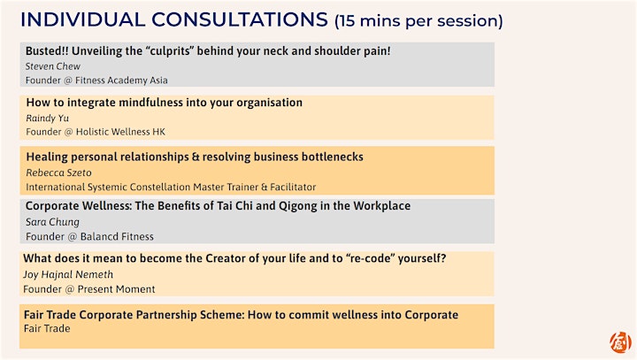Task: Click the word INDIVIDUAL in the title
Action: coord(83,20)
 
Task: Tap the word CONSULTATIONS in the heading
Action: coord(240,20)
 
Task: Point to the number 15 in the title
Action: coord(346,20)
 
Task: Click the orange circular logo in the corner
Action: coord(620,342)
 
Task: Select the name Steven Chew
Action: coord(53,66)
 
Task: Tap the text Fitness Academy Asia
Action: coord(121,80)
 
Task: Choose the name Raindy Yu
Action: coord(48,119)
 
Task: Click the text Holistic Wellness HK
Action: coord(120,132)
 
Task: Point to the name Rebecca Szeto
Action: coord(59,172)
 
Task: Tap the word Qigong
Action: coord(298,206)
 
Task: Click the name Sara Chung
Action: coord(52,222)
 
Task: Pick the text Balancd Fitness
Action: coord(117,236)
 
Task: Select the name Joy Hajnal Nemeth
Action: coord(68,275)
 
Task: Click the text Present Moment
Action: coord(116,289)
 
